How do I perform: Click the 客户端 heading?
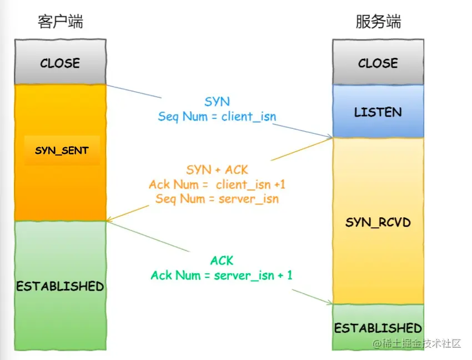click(60, 22)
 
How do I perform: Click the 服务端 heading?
click(378, 22)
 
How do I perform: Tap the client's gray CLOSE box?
click(60, 63)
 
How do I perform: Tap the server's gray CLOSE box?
click(378, 63)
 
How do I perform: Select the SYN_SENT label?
click(62, 151)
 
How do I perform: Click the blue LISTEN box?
click(378, 112)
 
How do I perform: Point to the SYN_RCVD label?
click(378, 222)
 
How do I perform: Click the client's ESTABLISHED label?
click(60, 286)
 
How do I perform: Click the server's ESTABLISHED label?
click(378, 328)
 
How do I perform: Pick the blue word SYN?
click(217, 102)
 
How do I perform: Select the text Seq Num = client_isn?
click(217, 117)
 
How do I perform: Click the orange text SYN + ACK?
click(217, 169)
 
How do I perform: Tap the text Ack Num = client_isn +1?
click(217, 184)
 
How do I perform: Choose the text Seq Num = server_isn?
click(217, 198)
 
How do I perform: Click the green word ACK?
click(222, 260)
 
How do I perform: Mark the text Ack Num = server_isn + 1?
click(222, 275)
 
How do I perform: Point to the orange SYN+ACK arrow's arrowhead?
click(109, 221)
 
